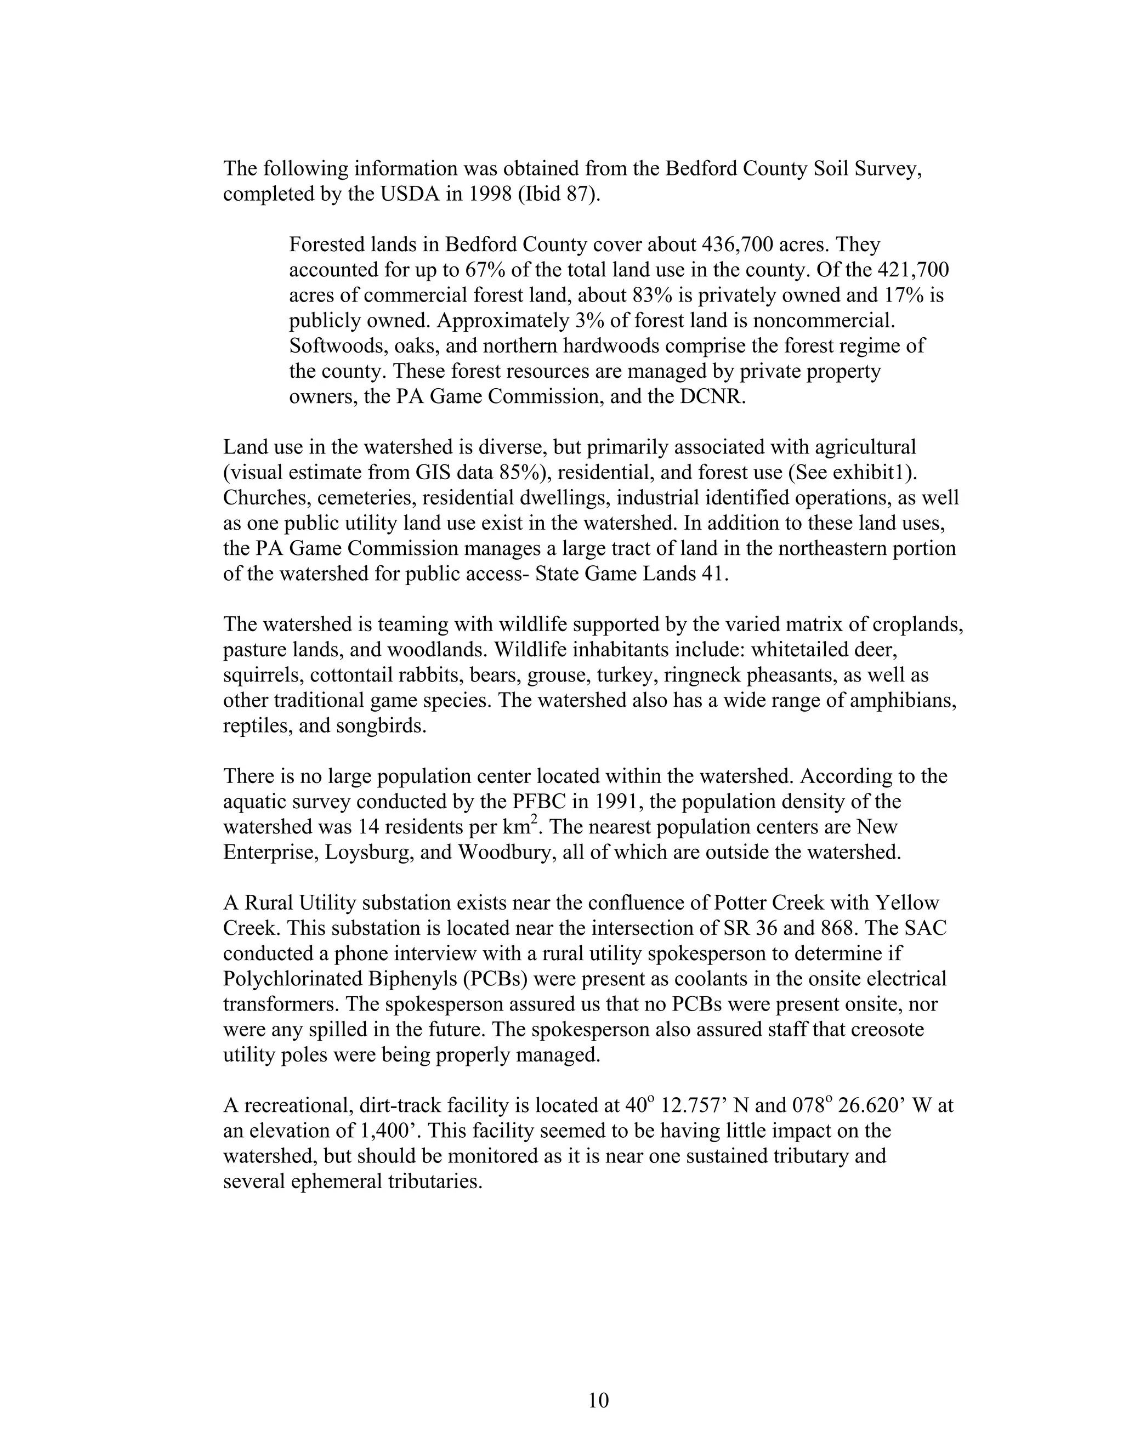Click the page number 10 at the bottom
pos(598,1400)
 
